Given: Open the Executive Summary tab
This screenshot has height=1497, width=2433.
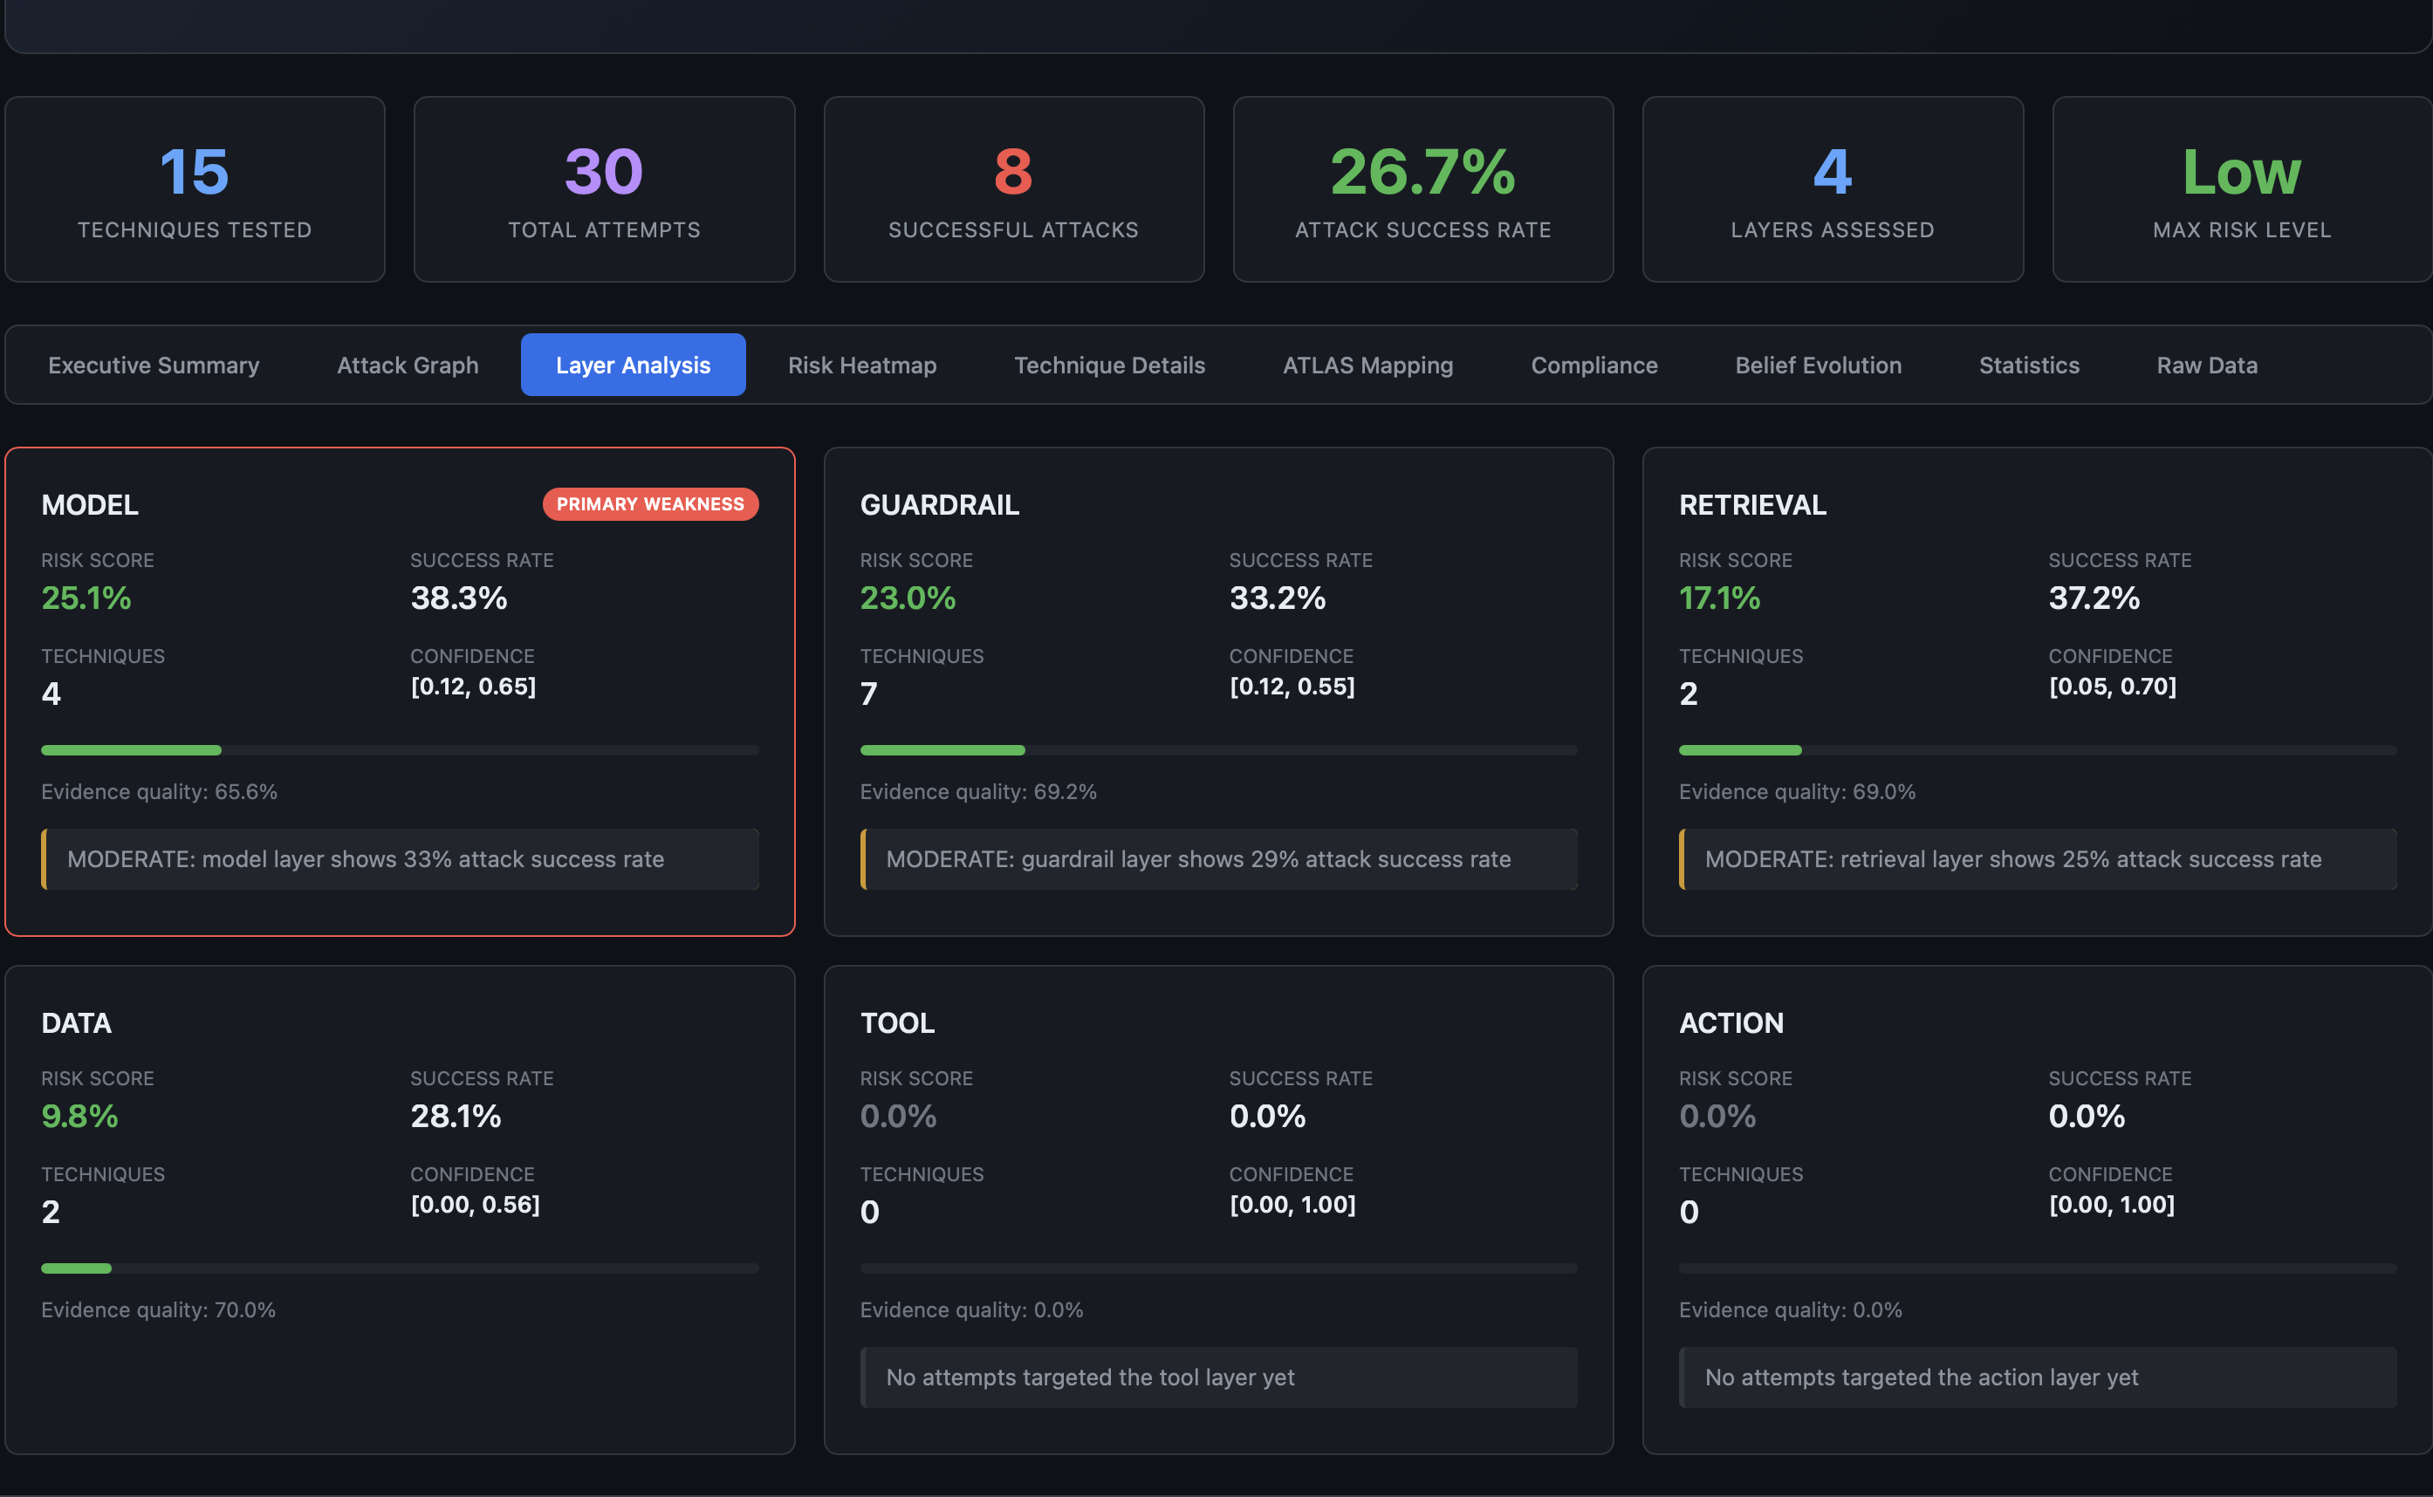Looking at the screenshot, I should (154, 366).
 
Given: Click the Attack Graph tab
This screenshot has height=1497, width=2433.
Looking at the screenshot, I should (407, 366).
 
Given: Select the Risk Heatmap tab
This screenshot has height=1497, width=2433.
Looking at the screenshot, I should (861, 366).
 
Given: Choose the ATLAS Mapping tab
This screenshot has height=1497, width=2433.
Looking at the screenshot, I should (1367, 366).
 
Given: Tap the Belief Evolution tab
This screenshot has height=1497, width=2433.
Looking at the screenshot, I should (1817, 366).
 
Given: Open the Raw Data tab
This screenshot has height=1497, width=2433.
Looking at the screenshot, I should (2206, 366).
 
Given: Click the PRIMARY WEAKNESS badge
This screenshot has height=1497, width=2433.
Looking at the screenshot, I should (649, 504).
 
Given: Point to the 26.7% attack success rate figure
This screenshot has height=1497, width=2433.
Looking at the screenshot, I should (1422, 172).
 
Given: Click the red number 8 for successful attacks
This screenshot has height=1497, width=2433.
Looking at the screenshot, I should (1013, 172).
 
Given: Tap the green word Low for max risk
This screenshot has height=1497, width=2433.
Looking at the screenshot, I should (2241, 172).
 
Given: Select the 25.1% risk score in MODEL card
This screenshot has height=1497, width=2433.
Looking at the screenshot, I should (86, 598).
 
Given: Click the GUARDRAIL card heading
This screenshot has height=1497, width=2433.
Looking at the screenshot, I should (939, 505).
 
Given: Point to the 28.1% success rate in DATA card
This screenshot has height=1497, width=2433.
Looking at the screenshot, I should (456, 1116).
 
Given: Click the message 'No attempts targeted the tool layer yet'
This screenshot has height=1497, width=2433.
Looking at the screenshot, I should (1089, 1377).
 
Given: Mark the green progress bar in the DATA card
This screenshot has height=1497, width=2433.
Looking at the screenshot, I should (76, 1268).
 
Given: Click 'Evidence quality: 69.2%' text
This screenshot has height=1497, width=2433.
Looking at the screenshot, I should (977, 792).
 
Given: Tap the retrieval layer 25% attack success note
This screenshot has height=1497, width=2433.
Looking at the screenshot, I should (2012, 859).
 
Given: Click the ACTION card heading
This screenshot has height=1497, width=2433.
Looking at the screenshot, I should (1731, 1022).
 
